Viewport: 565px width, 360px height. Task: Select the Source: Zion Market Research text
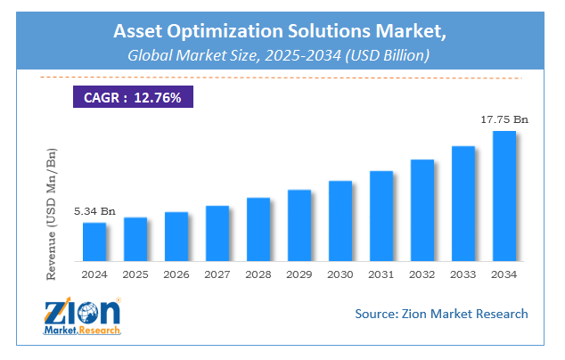[440, 314]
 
